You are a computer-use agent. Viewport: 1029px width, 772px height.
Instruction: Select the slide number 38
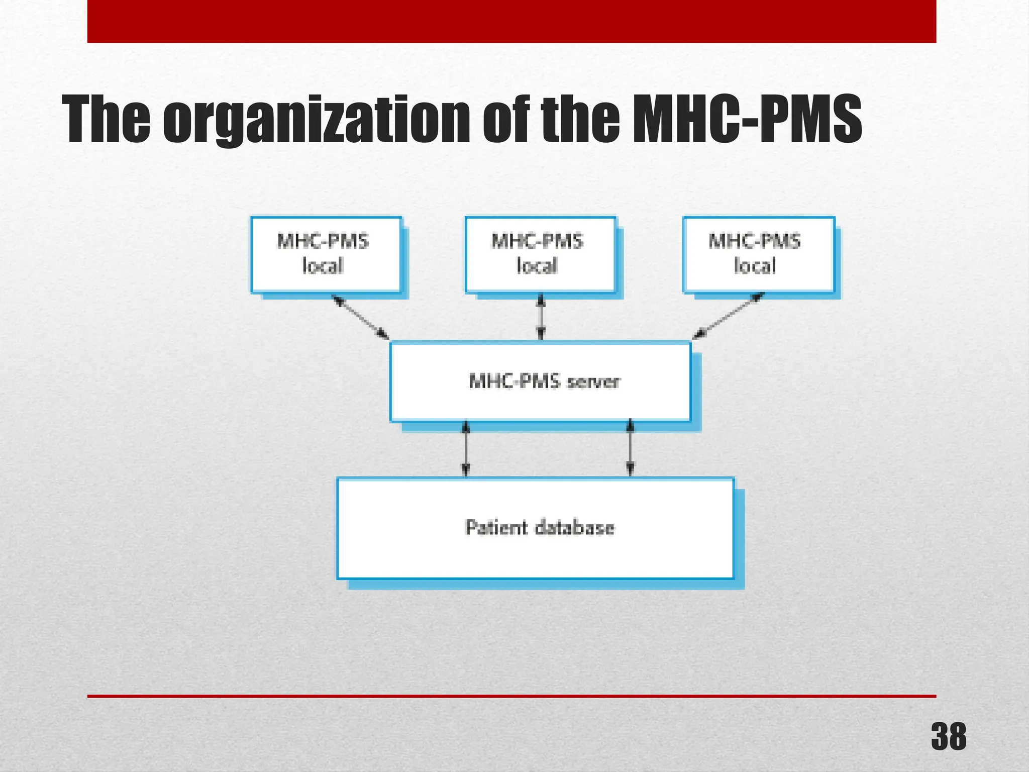coord(948,737)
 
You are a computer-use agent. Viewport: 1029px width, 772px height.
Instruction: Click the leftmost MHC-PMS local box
coord(326,254)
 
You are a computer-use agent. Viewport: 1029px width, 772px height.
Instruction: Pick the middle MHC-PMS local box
coord(540,254)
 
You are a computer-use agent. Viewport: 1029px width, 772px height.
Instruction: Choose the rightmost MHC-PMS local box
coord(758,254)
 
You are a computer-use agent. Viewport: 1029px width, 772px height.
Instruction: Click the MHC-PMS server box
coord(540,381)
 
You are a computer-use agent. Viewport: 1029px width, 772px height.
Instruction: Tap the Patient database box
coord(535,528)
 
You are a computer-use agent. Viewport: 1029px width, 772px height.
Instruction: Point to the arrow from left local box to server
coord(360,317)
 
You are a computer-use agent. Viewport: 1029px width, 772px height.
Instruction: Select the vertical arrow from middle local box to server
coord(541,317)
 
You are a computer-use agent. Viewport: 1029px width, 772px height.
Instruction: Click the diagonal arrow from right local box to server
coord(728,316)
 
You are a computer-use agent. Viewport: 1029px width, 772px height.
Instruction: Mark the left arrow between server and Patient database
coord(466,449)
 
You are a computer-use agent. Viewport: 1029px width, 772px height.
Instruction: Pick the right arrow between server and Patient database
coord(631,449)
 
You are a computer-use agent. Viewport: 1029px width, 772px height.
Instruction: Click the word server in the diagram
coord(593,381)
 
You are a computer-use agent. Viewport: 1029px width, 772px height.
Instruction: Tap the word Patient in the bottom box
coord(496,527)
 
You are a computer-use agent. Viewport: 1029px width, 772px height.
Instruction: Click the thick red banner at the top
coord(511,21)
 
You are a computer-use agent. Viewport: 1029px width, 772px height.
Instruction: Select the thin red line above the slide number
coord(511,696)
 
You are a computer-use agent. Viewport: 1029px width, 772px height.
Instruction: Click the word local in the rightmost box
coord(755,265)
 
